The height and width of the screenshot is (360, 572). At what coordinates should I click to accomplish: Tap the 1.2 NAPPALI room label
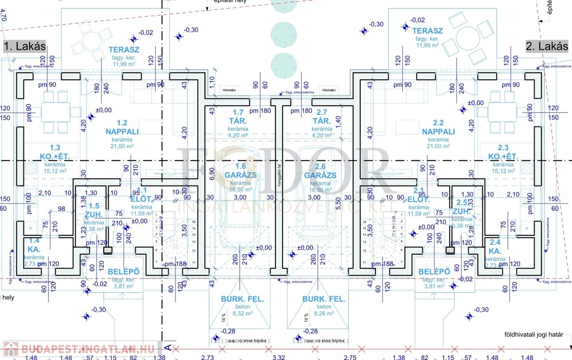pyautogui.click(x=117, y=127)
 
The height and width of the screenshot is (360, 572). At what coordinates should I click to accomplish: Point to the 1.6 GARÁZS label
pyautogui.click(x=241, y=170)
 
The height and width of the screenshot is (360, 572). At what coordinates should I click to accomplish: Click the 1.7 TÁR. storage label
pyautogui.click(x=241, y=117)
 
